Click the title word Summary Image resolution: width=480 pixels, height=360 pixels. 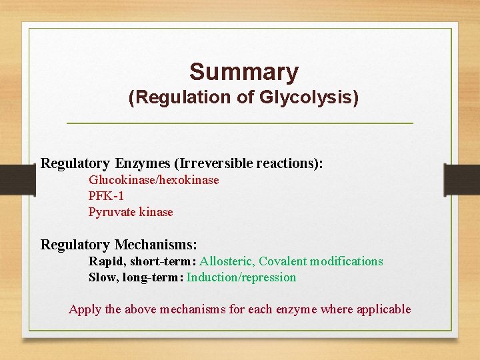coord(243,71)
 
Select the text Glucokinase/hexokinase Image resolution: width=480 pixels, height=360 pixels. coord(153,180)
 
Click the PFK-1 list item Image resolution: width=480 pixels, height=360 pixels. coord(106,196)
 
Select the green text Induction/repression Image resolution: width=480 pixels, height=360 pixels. coord(241,277)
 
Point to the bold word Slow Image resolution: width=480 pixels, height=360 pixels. coord(102,277)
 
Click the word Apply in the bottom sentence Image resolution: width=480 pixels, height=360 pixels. coord(85,309)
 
